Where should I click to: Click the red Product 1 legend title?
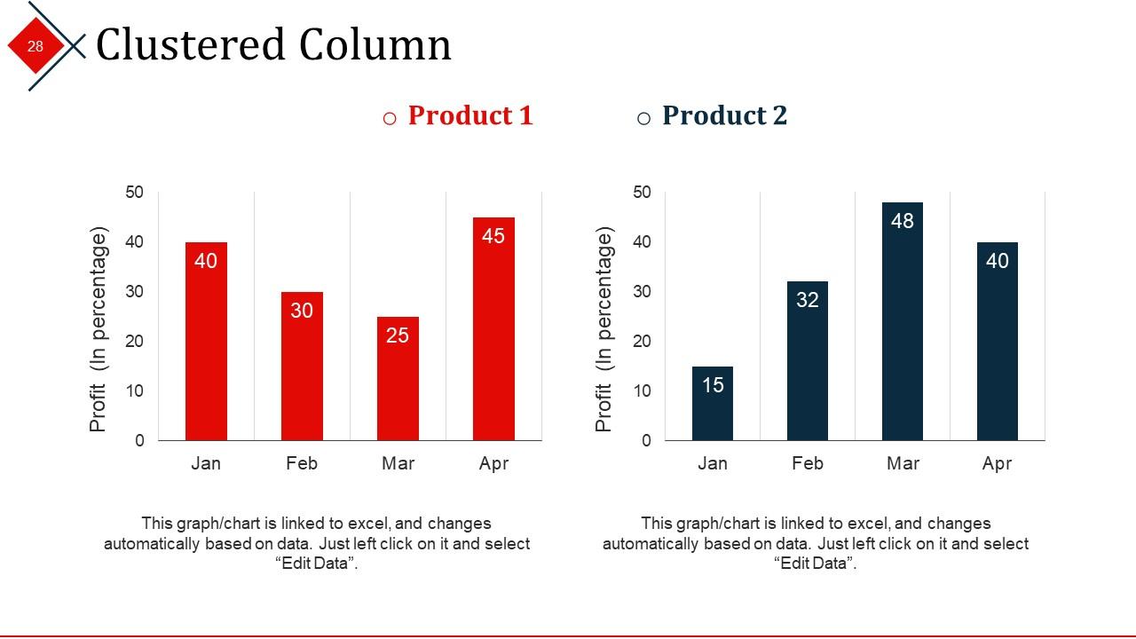click(x=470, y=116)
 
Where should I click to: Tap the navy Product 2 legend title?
click(x=724, y=116)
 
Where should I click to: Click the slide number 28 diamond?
click(x=35, y=46)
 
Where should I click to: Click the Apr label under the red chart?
click(x=493, y=463)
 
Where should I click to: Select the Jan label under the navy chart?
click(x=713, y=463)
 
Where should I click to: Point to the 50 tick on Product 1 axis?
click(x=135, y=193)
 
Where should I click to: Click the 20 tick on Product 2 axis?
click(x=642, y=342)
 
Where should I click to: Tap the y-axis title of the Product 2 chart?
click(x=604, y=330)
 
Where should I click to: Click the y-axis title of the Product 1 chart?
click(x=99, y=330)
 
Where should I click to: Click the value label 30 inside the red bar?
click(x=302, y=311)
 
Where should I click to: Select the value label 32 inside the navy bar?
click(x=808, y=300)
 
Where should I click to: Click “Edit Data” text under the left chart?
click(x=317, y=564)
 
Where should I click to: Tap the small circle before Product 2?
click(x=644, y=119)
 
